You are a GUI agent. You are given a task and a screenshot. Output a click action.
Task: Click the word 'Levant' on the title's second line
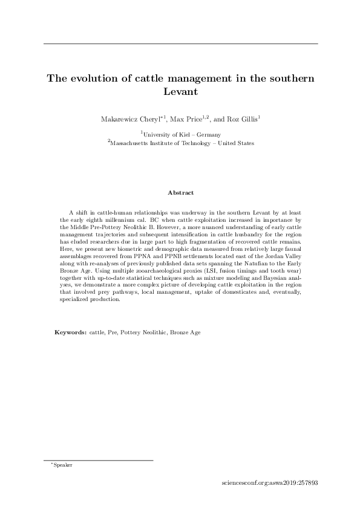(180, 93)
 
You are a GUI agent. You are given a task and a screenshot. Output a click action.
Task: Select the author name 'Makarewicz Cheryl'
(125, 120)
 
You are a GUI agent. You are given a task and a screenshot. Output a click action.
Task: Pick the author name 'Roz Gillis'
(244, 120)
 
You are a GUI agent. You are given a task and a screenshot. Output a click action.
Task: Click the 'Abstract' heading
(181, 193)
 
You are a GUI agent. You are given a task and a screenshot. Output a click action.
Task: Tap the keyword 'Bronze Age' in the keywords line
(185, 332)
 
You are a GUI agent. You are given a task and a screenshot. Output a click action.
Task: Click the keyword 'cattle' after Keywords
(96, 332)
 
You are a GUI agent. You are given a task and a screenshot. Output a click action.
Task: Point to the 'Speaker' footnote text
(63, 465)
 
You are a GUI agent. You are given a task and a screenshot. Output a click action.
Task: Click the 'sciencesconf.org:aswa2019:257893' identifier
(270, 483)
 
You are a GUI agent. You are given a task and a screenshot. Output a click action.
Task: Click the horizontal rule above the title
(180, 44)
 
